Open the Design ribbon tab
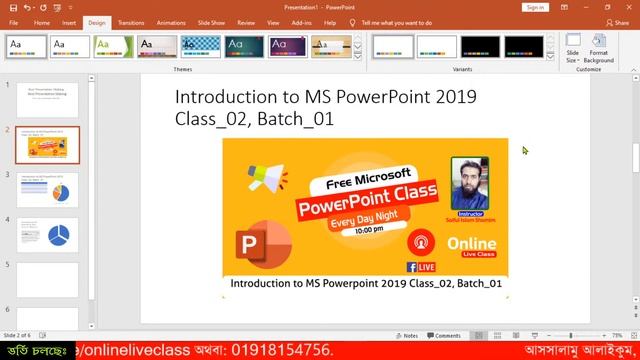(x=96, y=21)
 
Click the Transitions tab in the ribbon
(x=130, y=21)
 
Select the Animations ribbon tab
(x=171, y=21)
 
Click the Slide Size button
(x=572, y=51)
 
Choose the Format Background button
(x=599, y=51)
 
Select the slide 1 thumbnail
(x=47, y=100)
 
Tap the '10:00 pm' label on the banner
(x=368, y=230)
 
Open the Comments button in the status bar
(x=444, y=336)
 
